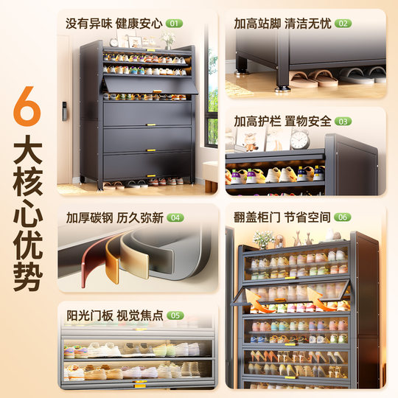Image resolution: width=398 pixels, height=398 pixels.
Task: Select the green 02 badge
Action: click(x=343, y=24)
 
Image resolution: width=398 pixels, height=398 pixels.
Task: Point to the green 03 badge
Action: click(x=343, y=121)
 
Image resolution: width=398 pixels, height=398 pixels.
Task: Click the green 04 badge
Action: click(x=174, y=218)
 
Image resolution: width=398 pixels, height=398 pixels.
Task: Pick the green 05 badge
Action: click(x=174, y=315)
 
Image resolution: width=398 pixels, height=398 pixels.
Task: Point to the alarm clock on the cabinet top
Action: click(x=299, y=139)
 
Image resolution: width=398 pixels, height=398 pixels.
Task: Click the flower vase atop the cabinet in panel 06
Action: click(x=263, y=238)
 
